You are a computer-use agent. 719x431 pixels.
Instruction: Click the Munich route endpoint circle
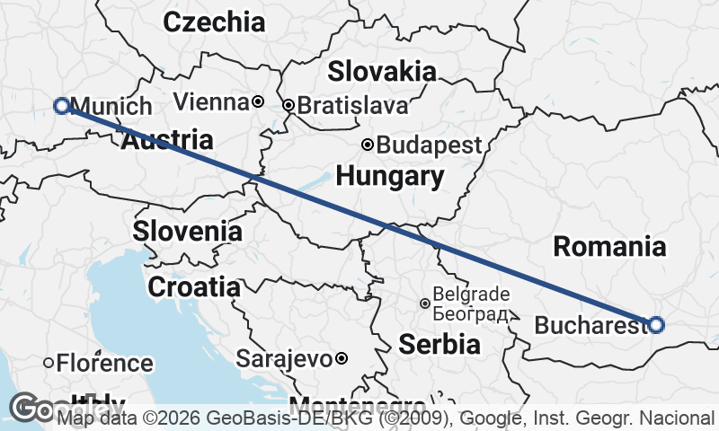pyautogui.click(x=62, y=106)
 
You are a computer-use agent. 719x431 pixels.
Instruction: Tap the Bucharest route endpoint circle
pyautogui.click(x=656, y=325)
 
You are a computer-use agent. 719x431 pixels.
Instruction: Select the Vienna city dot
pyautogui.click(x=257, y=102)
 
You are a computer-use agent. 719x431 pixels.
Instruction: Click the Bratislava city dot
pyautogui.click(x=288, y=106)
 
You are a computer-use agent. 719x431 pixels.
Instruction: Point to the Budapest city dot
pyautogui.click(x=367, y=145)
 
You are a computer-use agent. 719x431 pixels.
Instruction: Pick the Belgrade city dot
pyautogui.click(x=425, y=303)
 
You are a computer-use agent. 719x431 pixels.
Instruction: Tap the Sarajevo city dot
pyautogui.click(x=342, y=359)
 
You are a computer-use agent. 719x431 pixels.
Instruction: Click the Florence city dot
pyautogui.click(x=49, y=364)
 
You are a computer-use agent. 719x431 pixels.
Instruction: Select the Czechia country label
pyautogui.click(x=214, y=22)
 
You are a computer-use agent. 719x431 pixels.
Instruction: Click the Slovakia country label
pyautogui.click(x=382, y=71)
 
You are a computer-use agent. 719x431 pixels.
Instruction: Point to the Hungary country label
pyautogui.click(x=390, y=177)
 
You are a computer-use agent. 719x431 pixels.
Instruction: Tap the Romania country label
pyautogui.click(x=609, y=246)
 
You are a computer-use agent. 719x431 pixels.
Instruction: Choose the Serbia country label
pyautogui.click(x=439, y=344)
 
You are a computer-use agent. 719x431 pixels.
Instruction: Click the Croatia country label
pyautogui.click(x=194, y=287)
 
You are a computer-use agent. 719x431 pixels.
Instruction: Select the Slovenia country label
pyautogui.click(x=187, y=231)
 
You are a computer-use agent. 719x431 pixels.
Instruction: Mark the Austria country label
pyautogui.click(x=167, y=140)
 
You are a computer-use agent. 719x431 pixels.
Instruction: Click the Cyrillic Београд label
pyautogui.click(x=470, y=314)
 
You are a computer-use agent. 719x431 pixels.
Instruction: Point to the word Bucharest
pyautogui.click(x=590, y=325)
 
